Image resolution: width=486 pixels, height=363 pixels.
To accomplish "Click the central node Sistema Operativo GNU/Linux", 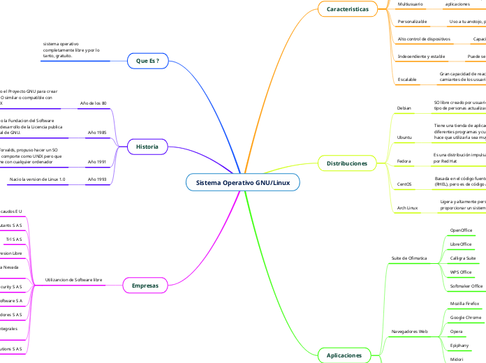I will point(243,183).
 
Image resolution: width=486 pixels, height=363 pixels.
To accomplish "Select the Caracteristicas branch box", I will point(347,9).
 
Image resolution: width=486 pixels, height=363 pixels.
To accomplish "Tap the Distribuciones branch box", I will point(347,163).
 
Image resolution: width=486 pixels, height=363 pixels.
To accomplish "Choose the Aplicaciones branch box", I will point(344,355).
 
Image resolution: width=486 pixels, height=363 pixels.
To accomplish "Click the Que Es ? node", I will point(147,61).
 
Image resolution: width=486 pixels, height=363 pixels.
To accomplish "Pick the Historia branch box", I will point(147,147).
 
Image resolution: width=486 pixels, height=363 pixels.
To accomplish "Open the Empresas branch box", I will point(145,285).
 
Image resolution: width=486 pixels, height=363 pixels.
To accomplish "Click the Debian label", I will point(404,108).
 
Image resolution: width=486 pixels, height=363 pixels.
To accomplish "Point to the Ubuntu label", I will point(404,137).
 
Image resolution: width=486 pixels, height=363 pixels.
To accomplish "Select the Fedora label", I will point(404,161).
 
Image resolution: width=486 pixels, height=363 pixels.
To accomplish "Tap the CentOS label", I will point(404,184).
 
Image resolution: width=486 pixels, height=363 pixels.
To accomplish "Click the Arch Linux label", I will point(407,207).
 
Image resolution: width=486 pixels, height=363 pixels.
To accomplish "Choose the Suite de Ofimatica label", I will point(408,258).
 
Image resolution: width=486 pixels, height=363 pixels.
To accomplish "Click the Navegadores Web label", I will point(409,331).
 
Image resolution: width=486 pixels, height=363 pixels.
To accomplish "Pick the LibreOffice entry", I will point(461,244).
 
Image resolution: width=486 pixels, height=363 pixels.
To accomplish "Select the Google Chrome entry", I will point(465,317).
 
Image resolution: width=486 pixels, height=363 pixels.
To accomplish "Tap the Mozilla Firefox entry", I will point(464,304).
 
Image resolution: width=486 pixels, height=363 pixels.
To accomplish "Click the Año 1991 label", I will point(96,162).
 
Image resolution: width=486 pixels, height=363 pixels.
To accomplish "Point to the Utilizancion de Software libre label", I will point(73,279).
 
